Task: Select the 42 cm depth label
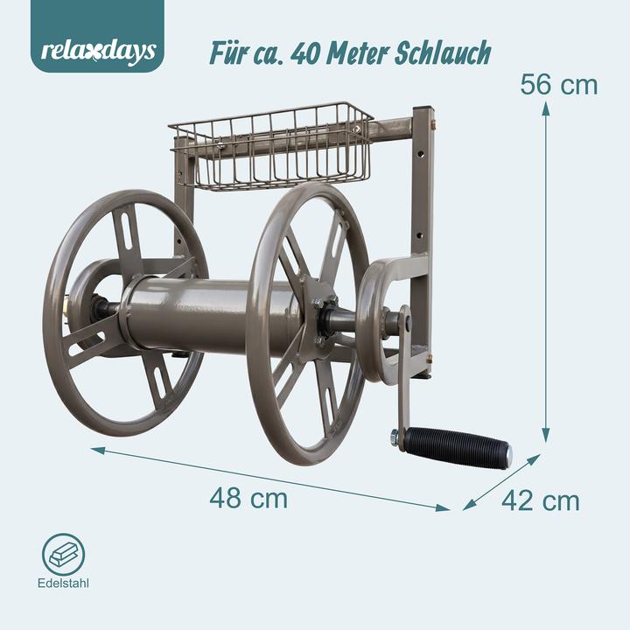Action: tap(540, 500)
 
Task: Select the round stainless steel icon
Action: tap(64, 555)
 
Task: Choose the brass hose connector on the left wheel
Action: tap(66, 307)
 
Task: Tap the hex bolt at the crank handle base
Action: tap(395, 435)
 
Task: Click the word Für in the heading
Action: tap(230, 52)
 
